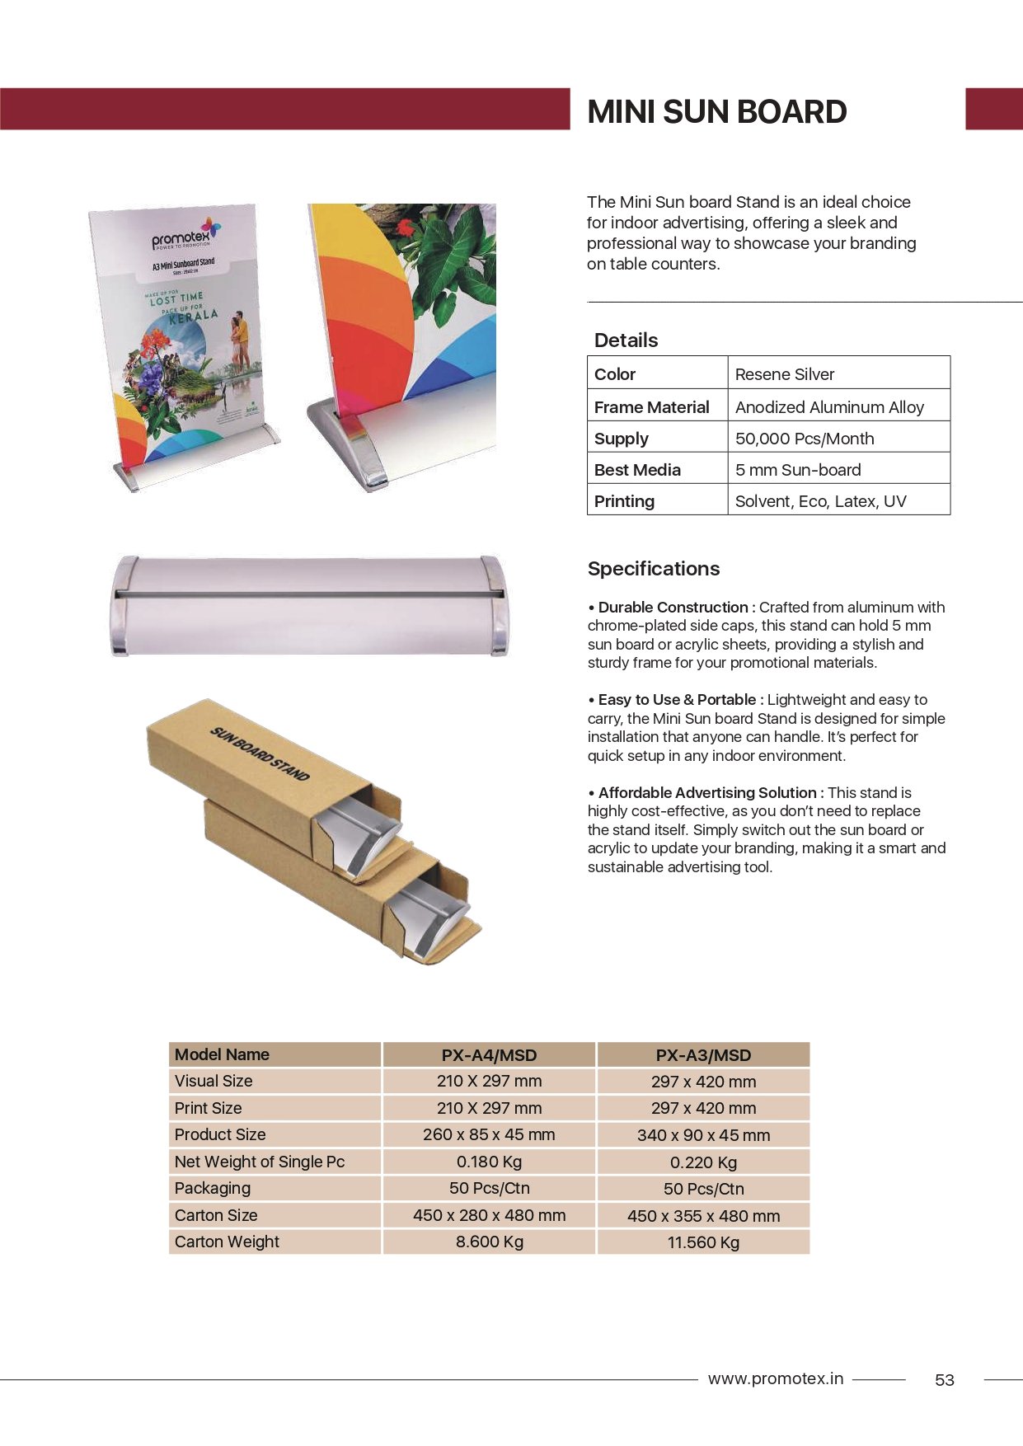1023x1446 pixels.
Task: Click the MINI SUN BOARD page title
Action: click(x=716, y=112)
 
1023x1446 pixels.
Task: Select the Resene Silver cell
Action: click(x=784, y=374)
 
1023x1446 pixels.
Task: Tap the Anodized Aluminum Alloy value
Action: click(x=828, y=407)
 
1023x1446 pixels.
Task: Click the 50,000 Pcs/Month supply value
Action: click(x=804, y=439)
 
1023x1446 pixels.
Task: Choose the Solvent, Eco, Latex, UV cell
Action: click(x=820, y=501)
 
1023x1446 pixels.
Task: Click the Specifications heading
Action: click(x=653, y=569)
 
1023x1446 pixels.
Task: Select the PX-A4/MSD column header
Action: click(x=489, y=1055)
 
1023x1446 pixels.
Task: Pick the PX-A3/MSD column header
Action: click(x=703, y=1055)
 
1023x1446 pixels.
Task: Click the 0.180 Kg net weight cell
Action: click(x=489, y=1162)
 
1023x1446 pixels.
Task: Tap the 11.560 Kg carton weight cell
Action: click(x=703, y=1242)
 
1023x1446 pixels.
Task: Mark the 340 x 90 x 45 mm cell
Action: click(x=703, y=1135)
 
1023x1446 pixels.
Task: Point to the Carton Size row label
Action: click(x=216, y=1215)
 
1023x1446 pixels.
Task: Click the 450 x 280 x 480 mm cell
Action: click(x=489, y=1215)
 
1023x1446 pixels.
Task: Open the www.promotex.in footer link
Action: click(x=775, y=1378)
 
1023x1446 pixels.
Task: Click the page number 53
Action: click(x=944, y=1380)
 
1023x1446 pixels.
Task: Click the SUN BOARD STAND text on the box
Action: click(x=260, y=753)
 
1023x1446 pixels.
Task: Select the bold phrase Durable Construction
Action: click(x=673, y=608)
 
